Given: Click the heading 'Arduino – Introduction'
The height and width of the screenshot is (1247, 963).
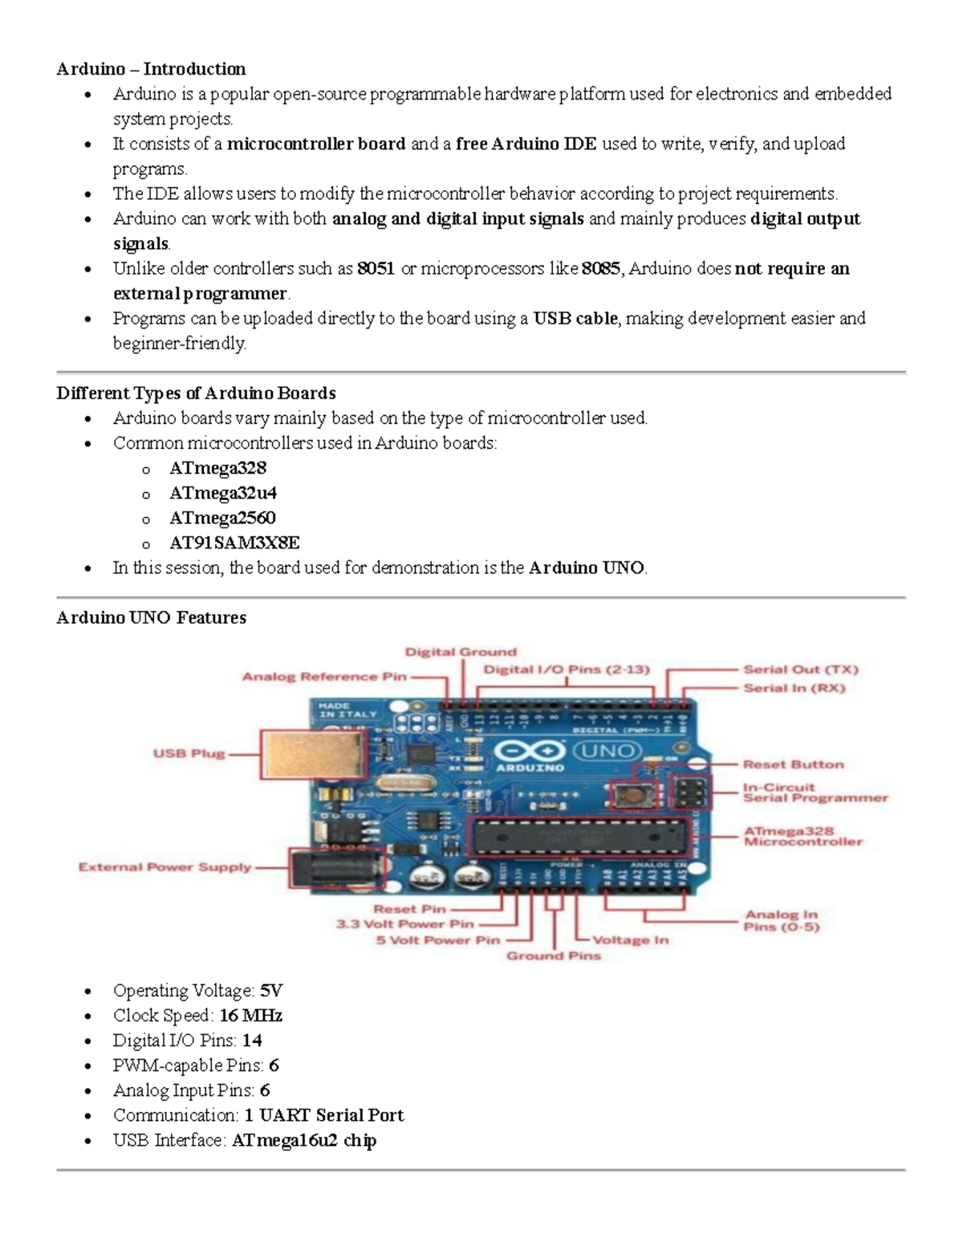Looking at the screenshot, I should tap(151, 69).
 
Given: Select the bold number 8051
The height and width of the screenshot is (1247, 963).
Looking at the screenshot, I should tap(376, 269).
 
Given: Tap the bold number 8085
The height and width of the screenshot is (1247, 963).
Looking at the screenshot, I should tap(600, 269).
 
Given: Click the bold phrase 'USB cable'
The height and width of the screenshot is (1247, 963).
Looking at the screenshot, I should tap(575, 319).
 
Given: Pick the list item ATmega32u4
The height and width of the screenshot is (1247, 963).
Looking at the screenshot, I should tap(223, 493).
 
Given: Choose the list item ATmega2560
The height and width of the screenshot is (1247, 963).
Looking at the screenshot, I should tap(222, 518).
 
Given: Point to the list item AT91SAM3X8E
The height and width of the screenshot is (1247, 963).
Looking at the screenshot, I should tap(234, 543).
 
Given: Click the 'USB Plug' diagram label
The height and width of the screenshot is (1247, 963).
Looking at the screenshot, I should tap(189, 754).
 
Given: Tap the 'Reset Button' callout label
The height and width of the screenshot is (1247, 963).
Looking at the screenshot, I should tap(793, 764).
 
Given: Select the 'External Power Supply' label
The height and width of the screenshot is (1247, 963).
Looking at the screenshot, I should tap(165, 867).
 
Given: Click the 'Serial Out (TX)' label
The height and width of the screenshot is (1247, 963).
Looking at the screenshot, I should tap(800, 670).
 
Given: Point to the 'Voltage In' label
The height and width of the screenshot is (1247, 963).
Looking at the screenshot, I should tap(630, 940).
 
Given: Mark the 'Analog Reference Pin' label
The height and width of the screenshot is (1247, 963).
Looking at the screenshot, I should tap(324, 677).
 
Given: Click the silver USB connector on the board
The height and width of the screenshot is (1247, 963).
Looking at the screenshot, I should tap(314, 760).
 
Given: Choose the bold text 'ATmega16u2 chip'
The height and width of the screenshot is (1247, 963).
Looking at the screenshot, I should tap(303, 1140).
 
